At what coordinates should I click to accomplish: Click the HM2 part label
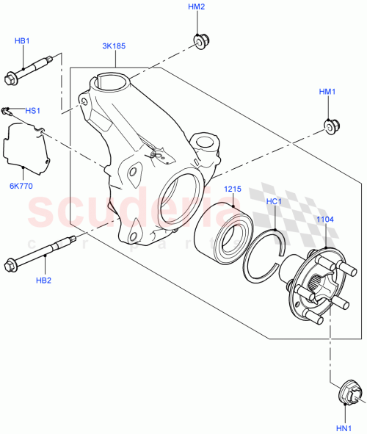[x=196, y=7]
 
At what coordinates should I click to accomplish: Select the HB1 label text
[x=22, y=42]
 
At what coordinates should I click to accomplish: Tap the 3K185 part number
[x=114, y=46]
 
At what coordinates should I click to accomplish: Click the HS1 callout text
[x=32, y=111]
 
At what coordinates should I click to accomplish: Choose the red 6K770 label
[x=21, y=187]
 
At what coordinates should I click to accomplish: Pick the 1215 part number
[x=233, y=189]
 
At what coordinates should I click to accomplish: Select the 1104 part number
[x=324, y=219]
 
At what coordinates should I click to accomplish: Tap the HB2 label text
[x=43, y=280]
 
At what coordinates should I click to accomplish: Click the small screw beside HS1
[x=8, y=112]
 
